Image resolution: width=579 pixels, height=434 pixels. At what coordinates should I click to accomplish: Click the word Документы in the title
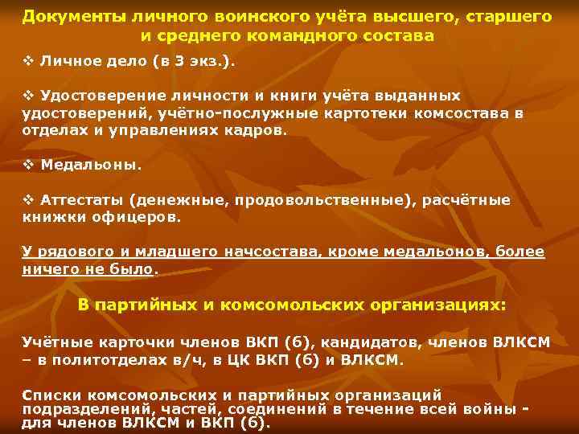click(61, 16)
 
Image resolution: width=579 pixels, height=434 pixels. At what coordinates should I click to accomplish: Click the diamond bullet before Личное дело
click(27, 62)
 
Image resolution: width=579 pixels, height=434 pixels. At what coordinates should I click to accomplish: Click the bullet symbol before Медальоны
click(27, 166)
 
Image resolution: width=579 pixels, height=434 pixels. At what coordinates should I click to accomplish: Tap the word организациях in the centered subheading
click(437, 306)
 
